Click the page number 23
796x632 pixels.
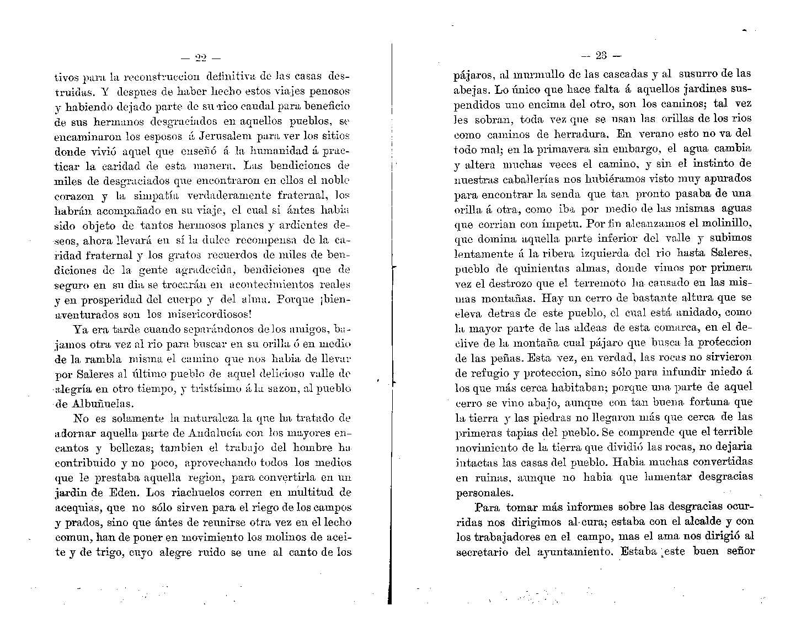601,55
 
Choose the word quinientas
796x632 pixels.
544,268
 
